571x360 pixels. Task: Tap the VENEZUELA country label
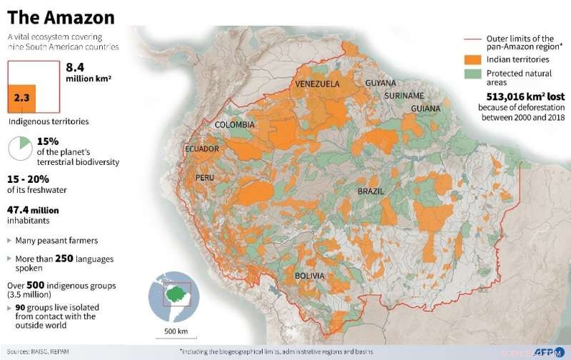click(318, 84)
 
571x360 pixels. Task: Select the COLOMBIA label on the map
click(235, 125)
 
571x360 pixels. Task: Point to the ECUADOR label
click(202, 149)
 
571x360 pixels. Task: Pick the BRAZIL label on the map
click(371, 191)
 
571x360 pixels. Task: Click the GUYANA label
click(380, 84)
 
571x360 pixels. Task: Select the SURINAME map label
click(404, 96)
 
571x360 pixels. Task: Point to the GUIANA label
click(425, 109)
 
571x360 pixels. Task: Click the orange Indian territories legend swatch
click(470, 60)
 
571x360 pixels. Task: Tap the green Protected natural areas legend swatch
click(470, 74)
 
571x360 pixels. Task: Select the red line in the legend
click(470, 39)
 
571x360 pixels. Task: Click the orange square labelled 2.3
click(21, 98)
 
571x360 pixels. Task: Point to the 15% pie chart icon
click(19, 149)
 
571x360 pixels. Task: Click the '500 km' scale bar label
click(175, 331)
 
